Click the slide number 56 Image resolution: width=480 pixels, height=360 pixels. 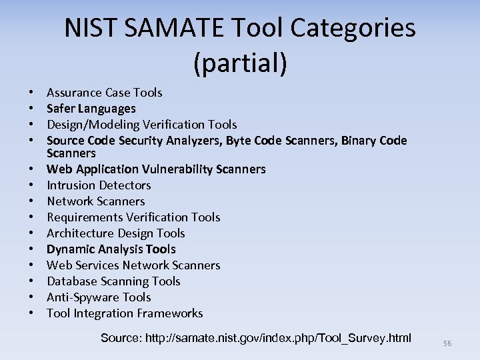(447, 343)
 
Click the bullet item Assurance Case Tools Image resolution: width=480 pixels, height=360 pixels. (104, 93)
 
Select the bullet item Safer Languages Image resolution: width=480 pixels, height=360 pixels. (91, 109)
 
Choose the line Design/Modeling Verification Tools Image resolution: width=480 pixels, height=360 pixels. (141, 125)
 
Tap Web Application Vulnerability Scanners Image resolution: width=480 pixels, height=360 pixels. (156, 169)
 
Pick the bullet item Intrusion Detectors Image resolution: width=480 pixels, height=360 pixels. (99, 185)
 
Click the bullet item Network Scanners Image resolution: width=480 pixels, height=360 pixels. (95, 201)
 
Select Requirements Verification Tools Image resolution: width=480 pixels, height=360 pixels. (133, 217)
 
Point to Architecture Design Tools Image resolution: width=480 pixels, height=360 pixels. (115, 233)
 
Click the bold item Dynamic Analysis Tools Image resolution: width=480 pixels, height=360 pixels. (111, 249)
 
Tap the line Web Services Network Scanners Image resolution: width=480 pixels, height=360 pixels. (133, 265)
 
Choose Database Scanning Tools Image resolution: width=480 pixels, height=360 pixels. (113, 281)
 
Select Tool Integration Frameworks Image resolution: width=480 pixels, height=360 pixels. (125, 313)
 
